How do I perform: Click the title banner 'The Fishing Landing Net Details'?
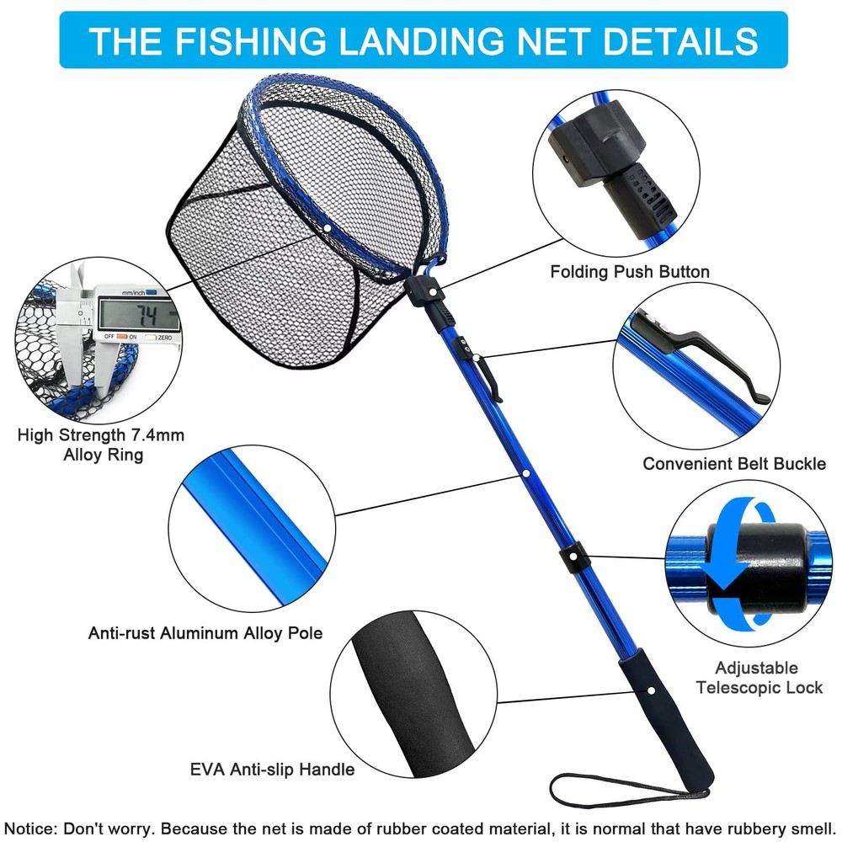(x=424, y=40)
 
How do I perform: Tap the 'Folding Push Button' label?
(x=630, y=272)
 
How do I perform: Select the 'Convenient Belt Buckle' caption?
(x=734, y=464)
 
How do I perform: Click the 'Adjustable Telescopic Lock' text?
(x=757, y=678)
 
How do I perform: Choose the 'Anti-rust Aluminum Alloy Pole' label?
(x=205, y=632)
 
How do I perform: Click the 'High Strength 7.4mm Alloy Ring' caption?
(x=101, y=445)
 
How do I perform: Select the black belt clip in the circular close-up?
(x=707, y=358)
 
